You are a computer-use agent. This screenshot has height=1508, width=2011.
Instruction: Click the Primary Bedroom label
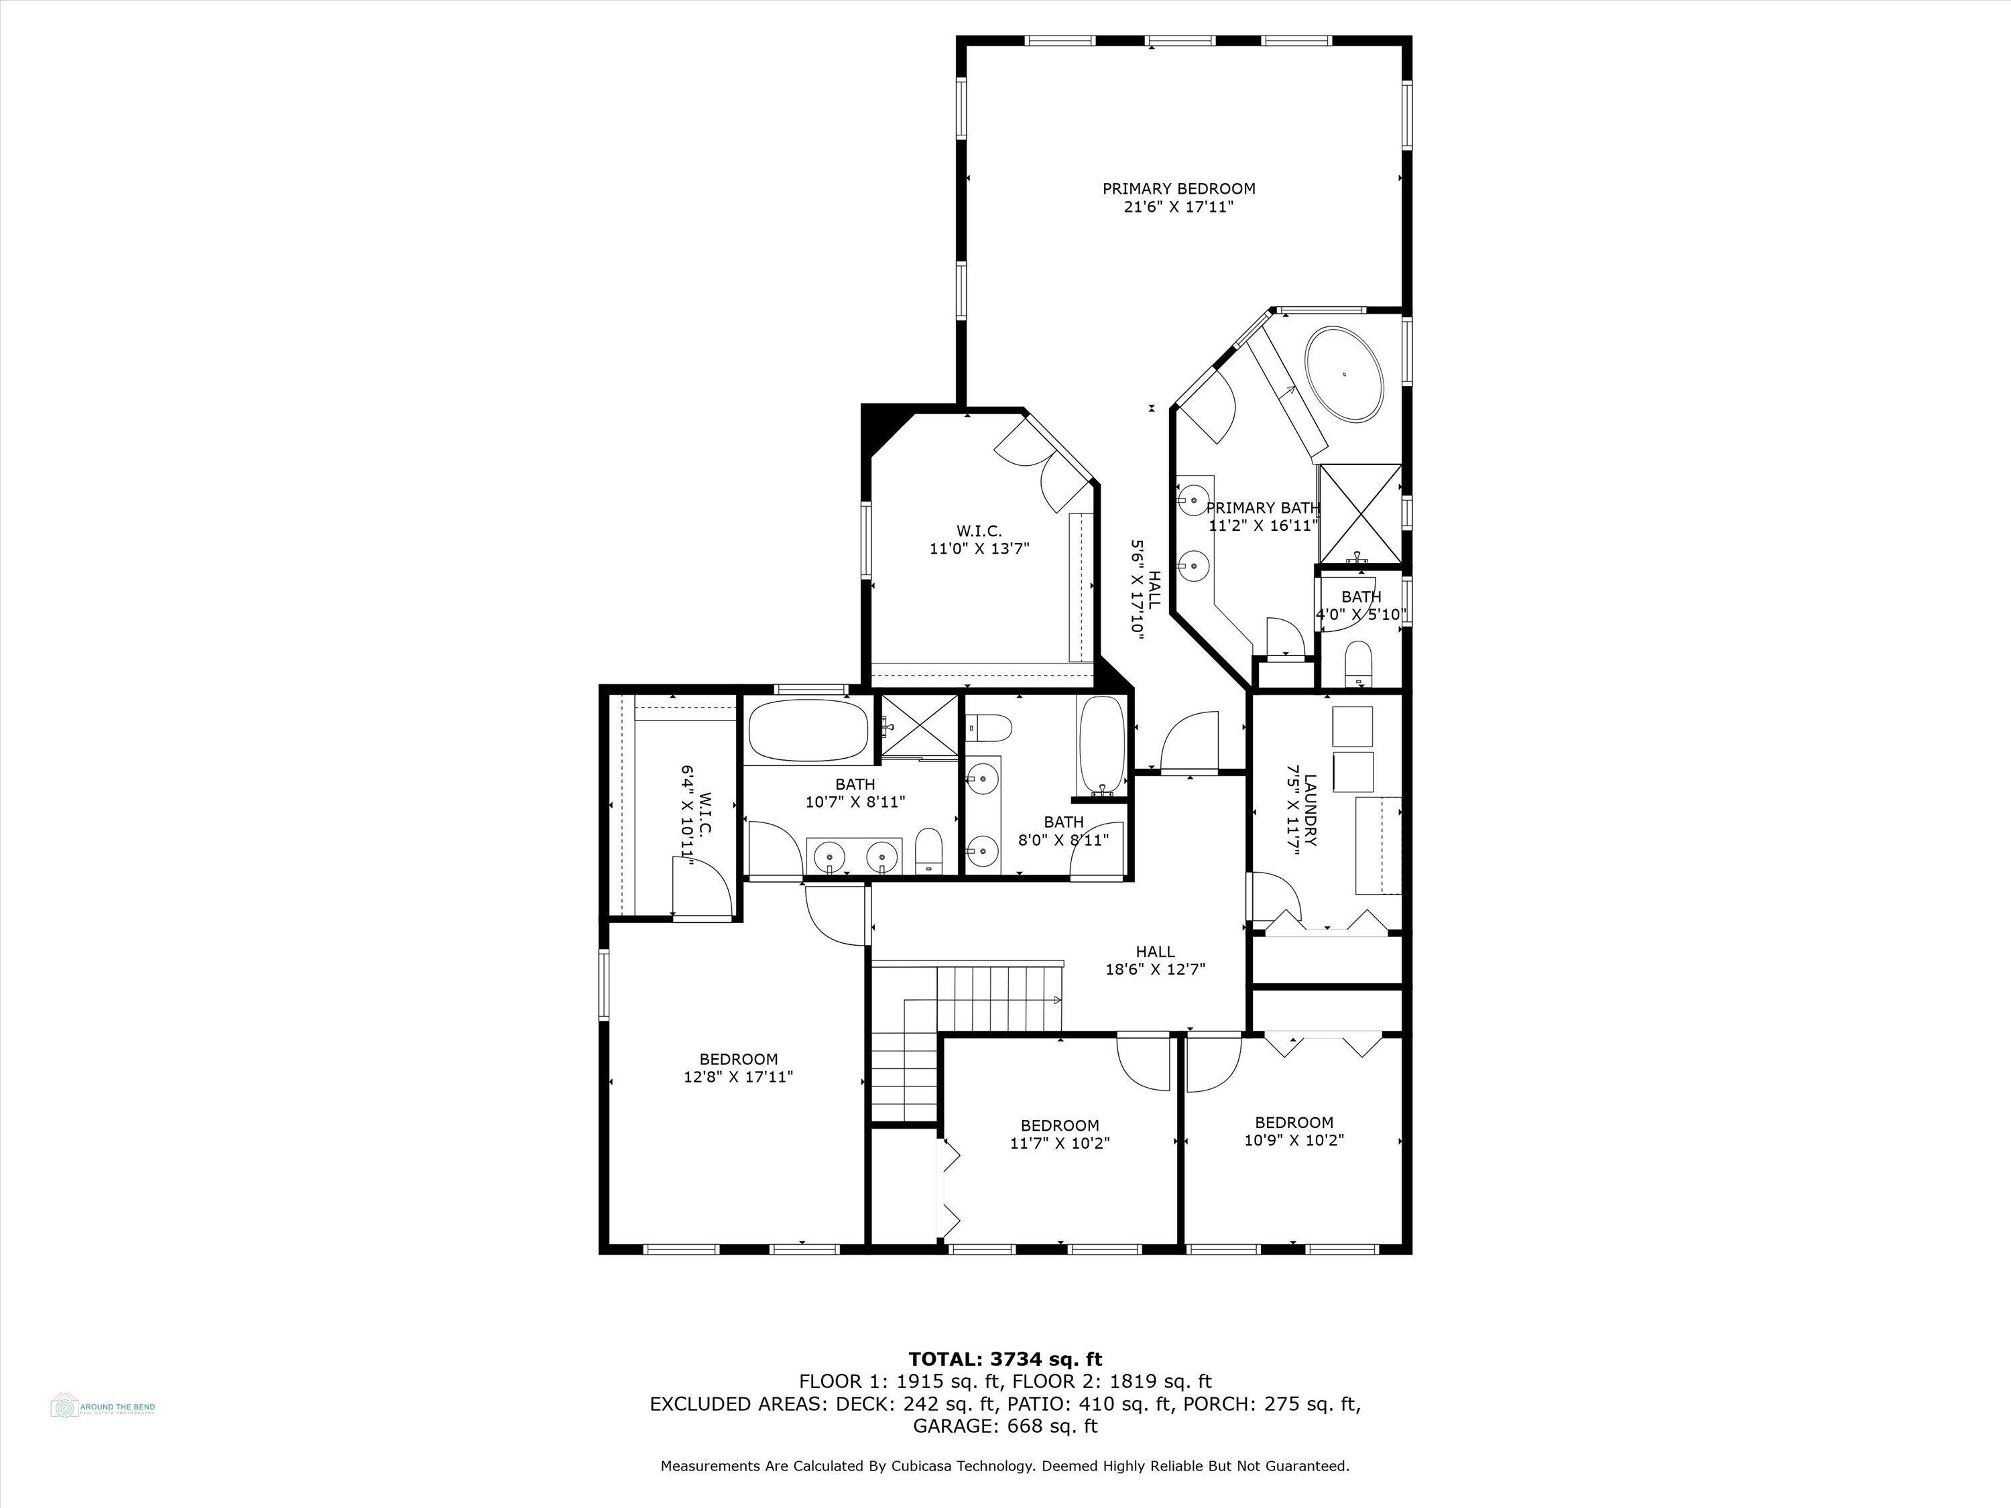1178,189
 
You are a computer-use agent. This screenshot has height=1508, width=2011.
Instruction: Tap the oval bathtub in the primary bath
1344,373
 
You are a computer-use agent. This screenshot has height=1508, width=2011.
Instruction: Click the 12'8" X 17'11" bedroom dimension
738,1077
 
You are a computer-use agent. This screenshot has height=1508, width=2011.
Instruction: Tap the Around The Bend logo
102,1407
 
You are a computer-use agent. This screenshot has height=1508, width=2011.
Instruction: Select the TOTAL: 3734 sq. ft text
1005,1360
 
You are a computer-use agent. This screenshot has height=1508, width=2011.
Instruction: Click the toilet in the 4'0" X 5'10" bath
1358,661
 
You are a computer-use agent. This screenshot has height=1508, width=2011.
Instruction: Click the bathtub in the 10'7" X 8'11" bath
807,730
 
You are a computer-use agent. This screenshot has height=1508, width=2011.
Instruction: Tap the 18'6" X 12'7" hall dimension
1154,969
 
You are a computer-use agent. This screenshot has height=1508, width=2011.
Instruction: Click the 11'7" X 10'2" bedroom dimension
1059,1143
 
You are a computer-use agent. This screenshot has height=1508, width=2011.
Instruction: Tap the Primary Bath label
1263,508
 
